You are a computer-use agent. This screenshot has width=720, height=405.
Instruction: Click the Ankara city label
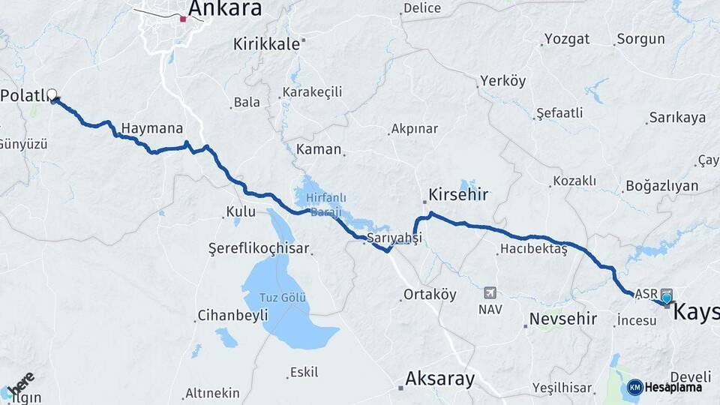click(225, 9)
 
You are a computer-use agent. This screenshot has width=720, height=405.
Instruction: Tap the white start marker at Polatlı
click(52, 94)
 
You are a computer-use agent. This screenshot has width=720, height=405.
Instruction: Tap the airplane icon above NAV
click(490, 292)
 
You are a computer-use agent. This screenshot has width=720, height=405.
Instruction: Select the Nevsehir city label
click(562, 319)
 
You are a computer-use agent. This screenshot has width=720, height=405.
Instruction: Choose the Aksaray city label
click(439, 379)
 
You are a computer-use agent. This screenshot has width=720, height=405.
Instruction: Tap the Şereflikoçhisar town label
click(259, 248)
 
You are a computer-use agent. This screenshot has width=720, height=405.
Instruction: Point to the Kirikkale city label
click(266, 44)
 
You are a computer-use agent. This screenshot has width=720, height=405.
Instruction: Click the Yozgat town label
click(566, 39)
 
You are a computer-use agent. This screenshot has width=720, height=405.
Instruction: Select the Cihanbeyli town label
click(232, 316)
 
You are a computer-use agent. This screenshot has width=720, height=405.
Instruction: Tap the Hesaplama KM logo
click(664, 387)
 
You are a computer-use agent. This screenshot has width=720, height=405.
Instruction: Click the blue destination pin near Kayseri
click(666, 298)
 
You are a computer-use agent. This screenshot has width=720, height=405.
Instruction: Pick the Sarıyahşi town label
click(393, 237)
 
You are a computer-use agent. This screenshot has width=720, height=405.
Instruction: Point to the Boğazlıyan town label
click(661, 186)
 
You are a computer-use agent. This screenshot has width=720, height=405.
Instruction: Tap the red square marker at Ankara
click(183, 19)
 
